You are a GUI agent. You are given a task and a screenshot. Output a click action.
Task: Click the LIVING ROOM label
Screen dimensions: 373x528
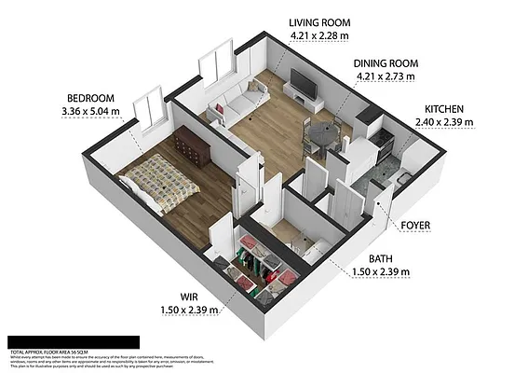pos(318,22)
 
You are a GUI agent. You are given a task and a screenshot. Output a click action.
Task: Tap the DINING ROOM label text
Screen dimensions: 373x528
pos(385,63)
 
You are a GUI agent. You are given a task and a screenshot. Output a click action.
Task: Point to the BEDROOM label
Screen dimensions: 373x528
pos(89,99)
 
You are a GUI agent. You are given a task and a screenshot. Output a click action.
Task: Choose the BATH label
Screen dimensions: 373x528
pos(381,258)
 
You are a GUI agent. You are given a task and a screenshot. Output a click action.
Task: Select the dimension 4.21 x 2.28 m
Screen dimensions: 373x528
pos(319,36)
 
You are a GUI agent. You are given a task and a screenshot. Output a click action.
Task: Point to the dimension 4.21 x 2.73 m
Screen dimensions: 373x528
pos(385,77)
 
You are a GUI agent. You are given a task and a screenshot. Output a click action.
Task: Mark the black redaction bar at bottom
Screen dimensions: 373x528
pos(73,342)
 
